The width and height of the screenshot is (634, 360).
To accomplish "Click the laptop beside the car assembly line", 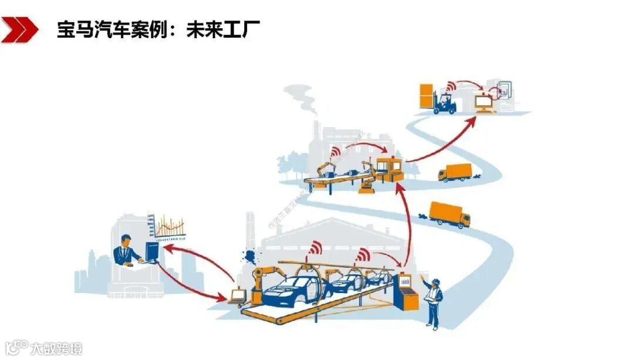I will click(x=237, y=296).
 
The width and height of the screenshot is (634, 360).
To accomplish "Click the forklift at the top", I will click(x=444, y=103).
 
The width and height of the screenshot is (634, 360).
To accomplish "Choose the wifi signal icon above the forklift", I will click(x=450, y=87).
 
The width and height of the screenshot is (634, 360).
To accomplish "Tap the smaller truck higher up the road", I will click(x=454, y=173).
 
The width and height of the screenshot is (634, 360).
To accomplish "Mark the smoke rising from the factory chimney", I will click(x=304, y=100).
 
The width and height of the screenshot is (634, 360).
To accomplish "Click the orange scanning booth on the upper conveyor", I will click(x=389, y=169).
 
